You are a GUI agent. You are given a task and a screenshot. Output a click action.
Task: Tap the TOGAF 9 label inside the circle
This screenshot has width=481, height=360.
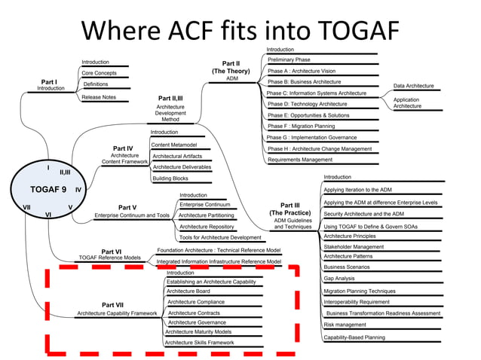click(43, 189)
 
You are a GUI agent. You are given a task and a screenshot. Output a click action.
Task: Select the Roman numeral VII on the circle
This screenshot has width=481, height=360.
click(26, 206)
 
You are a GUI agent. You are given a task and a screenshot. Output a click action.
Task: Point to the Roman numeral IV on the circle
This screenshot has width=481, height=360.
click(78, 191)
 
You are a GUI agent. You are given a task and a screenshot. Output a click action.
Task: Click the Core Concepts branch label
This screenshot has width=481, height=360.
click(99, 73)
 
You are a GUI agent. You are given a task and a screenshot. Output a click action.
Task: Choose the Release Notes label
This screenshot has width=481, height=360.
click(99, 96)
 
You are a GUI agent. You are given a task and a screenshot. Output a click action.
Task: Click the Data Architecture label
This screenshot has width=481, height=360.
click(414, 86)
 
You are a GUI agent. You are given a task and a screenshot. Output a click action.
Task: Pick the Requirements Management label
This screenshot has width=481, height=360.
click(299, 160)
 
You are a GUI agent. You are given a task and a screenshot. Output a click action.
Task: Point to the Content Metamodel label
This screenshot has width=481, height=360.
click(174, 145)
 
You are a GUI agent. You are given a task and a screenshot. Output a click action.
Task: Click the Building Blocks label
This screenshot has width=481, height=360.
click(170, 178)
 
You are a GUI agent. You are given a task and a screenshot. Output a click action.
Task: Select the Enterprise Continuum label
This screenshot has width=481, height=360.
click(205, 204)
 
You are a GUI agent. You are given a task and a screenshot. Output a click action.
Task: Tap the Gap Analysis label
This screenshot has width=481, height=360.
click(339, 278)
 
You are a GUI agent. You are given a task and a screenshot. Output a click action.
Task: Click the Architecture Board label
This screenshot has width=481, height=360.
click(188, 291)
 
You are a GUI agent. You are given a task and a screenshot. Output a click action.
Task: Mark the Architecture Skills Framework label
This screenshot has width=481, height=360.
click(199, 342)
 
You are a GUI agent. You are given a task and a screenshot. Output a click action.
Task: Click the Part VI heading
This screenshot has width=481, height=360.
click(111, 252)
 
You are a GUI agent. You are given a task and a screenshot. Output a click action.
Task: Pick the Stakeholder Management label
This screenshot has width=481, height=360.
click(354, 246)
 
